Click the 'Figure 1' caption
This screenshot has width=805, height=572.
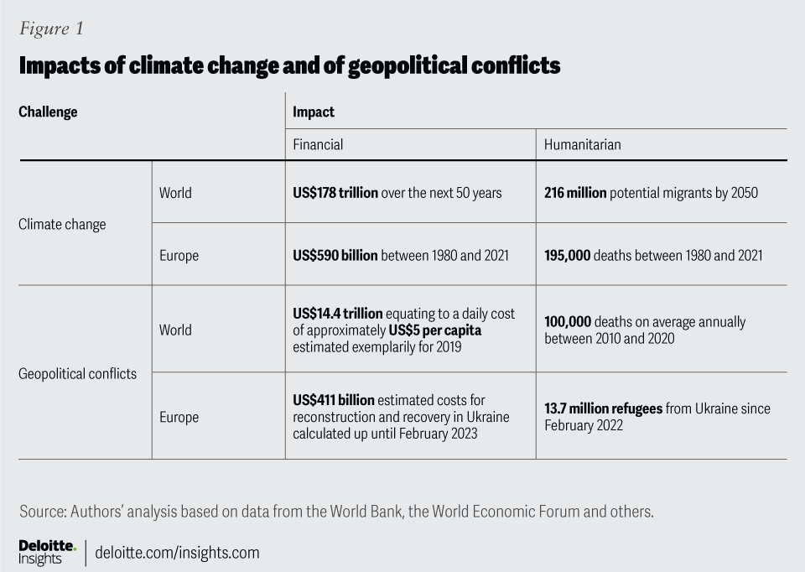[51, 28]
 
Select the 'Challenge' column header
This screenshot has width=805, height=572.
[48, 112]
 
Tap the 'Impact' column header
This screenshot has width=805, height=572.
[313, 112]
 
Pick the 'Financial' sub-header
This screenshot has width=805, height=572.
[318, 144]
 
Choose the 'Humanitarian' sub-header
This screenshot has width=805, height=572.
[582, 144]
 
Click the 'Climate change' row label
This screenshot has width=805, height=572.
[62, 224]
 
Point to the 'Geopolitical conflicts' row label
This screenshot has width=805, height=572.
[77, 373]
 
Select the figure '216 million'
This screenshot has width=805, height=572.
[575, 193]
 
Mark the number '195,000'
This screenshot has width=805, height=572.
[567, 255]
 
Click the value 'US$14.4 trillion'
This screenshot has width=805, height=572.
[332, 314]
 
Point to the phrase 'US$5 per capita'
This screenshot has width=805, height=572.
[435, 330]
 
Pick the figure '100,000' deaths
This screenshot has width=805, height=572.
[567, 322]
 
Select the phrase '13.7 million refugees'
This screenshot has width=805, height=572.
[604, 408]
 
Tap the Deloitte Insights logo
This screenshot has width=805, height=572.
[47, 552]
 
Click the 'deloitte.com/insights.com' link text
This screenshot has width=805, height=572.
[178, 553]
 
